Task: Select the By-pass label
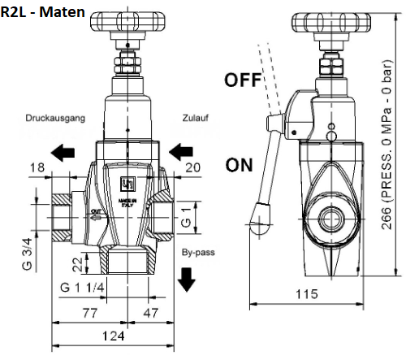click(197, 252)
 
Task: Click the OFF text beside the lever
click(243, 80)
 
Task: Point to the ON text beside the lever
click(239, 166)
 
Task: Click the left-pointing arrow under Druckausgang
click(63, 150)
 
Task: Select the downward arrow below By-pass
click(187, 279)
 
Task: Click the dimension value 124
click(114, 335)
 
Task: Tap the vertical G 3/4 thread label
click(28, 253)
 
